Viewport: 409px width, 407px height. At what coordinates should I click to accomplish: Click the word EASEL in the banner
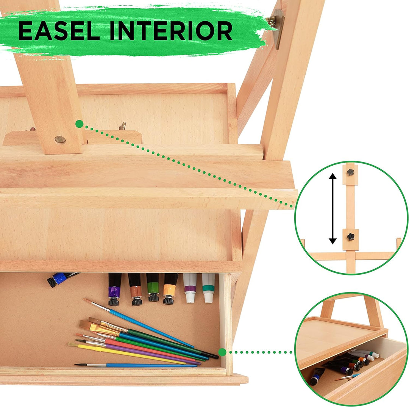(x=59, y=31)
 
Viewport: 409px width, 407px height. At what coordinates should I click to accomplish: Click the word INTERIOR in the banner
(x=171, y=31)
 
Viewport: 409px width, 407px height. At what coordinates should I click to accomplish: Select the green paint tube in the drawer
(x=153, y=287)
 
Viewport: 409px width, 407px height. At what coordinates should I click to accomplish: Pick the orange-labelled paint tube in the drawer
(x=170, y=289)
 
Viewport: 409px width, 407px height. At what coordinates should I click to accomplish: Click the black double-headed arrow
(x=333, y=208)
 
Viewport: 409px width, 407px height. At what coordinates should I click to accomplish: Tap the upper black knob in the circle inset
(x=350, y=172)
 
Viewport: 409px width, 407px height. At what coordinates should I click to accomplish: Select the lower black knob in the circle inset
(x=351, y=237)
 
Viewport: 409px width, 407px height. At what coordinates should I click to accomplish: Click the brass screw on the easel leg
(x=60, y=139)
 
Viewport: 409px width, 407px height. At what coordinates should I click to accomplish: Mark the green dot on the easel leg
(x=79, y=124)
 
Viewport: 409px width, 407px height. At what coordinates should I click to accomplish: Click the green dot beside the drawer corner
(x=222, y=352)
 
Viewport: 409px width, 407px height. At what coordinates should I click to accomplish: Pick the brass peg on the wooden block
(x=122, y=126)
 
